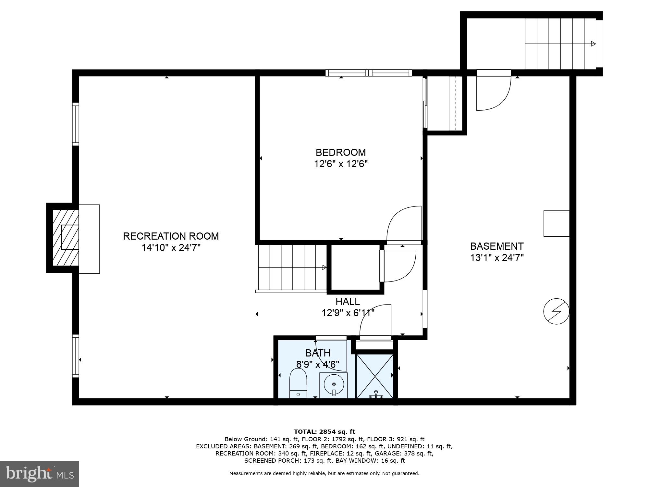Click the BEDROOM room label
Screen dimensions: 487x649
tap(340, 152)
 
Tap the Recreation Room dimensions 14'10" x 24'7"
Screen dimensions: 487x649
tap(171, 248)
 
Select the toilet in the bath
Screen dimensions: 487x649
tap(298, 383)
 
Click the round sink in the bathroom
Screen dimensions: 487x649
tap(334, 385)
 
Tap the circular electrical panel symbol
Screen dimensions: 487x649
tap(556, 311)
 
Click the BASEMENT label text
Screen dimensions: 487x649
tap(496, 246)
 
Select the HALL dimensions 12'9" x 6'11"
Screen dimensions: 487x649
tap(348, 313)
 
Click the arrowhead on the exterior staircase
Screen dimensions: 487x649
tap(593, 44)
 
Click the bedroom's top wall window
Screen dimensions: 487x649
tap(369, 73)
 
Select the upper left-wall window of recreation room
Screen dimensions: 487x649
tap(75, 124)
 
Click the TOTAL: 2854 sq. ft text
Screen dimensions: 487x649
tap(324, 431)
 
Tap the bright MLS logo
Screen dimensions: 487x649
tap(39, 474)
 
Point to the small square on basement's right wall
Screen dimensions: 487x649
tap(556, 223)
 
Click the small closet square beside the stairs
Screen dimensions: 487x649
tap(355, 267)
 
